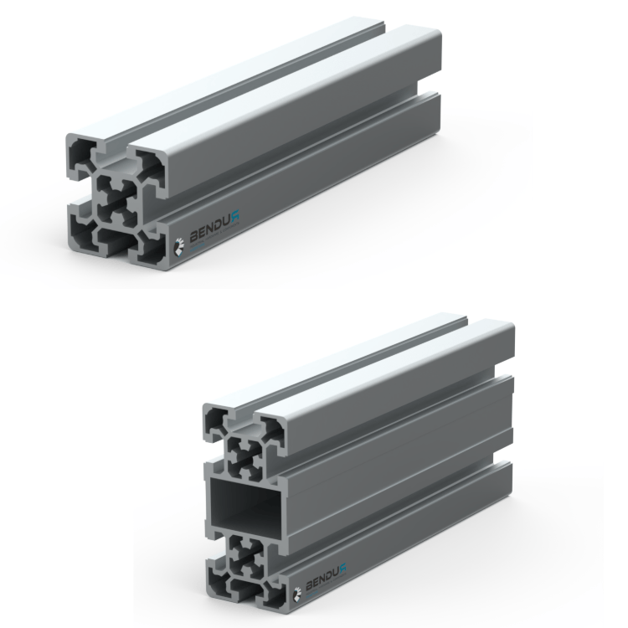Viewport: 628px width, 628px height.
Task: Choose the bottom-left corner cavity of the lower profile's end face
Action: tap(216, 583)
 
